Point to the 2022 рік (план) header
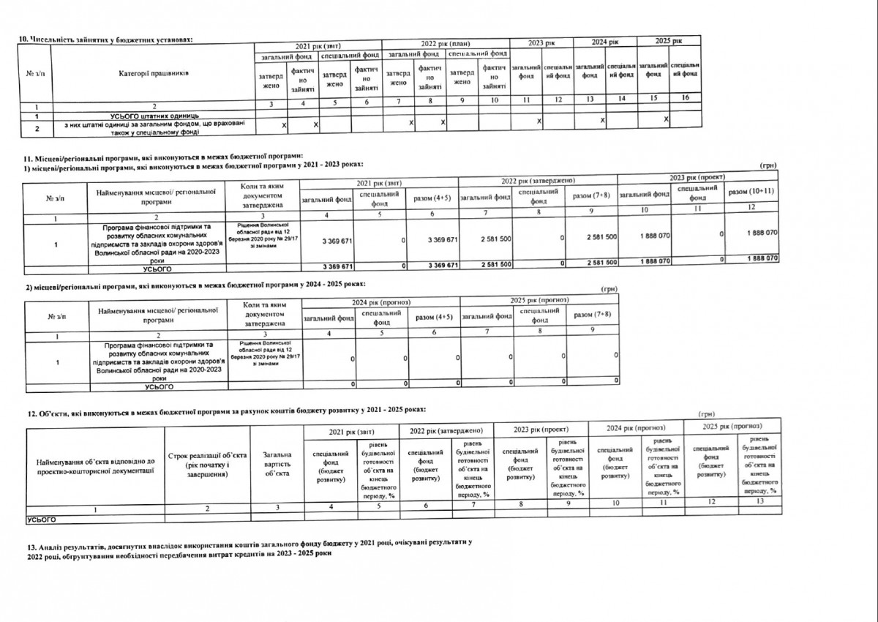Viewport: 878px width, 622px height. pos(446,44)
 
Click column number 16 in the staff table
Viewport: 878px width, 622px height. pos(684,97)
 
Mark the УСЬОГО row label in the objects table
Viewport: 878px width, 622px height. pos(41,519)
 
